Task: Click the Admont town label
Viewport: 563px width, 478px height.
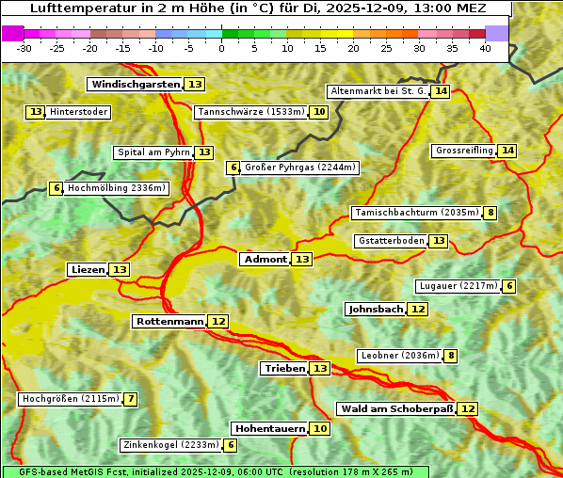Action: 265,259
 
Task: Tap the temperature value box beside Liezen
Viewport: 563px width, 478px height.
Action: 120,270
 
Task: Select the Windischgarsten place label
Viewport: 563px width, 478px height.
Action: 135,85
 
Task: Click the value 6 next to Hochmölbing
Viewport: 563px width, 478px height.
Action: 56,188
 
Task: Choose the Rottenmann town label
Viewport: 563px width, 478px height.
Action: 169,322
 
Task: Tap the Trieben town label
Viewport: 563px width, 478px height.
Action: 284,368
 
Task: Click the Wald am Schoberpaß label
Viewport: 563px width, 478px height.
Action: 396,408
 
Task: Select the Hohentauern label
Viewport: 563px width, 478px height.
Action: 270,428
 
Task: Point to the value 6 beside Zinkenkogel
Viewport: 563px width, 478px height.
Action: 231,445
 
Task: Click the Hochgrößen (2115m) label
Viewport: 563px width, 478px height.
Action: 70,399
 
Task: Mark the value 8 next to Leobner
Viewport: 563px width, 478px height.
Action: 452,356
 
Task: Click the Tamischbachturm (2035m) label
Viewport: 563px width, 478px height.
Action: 416,213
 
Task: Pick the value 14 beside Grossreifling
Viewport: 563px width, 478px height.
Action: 507,151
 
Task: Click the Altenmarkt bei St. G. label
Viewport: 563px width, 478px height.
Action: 378,91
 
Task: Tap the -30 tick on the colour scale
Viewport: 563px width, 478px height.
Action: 24,48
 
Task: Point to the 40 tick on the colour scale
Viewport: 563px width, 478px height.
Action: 485,48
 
